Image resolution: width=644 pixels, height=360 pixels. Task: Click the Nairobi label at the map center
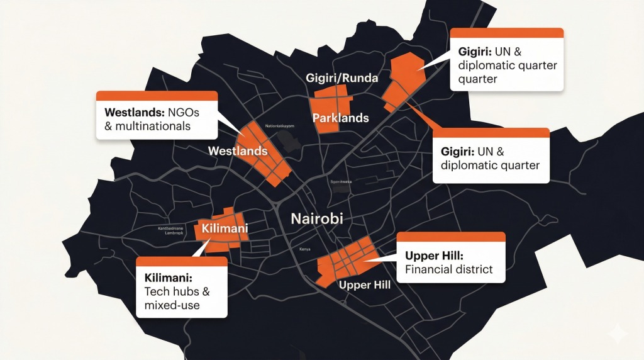(x=318, y=220)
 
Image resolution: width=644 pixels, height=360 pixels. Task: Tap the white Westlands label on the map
(x=237, y=151)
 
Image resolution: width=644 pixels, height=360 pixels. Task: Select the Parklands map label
(x=340, y=118)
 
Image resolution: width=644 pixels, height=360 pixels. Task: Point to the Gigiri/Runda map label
(x=341, y=79)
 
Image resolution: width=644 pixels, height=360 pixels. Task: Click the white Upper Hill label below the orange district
(x=365, y=285)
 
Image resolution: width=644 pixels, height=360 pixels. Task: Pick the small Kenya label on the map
(x=305, y=249)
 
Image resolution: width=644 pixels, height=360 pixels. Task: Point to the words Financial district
(x=448, y=271)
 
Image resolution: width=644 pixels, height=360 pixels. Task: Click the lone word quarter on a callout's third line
(x=477, y=79)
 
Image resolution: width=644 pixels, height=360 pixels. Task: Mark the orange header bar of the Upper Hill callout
(x=451, y=236)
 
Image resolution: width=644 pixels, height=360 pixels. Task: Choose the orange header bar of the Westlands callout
(x=156, y=96)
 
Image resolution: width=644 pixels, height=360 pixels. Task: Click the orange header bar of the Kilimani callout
(x=181, y=261)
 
